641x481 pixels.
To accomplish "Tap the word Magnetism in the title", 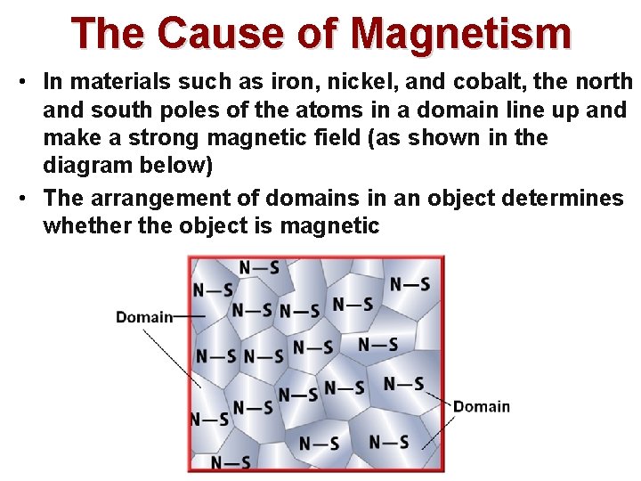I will click(461, 34).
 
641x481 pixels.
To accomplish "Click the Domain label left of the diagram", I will click(144, 317).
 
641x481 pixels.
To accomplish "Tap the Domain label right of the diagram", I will click(482, 407).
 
